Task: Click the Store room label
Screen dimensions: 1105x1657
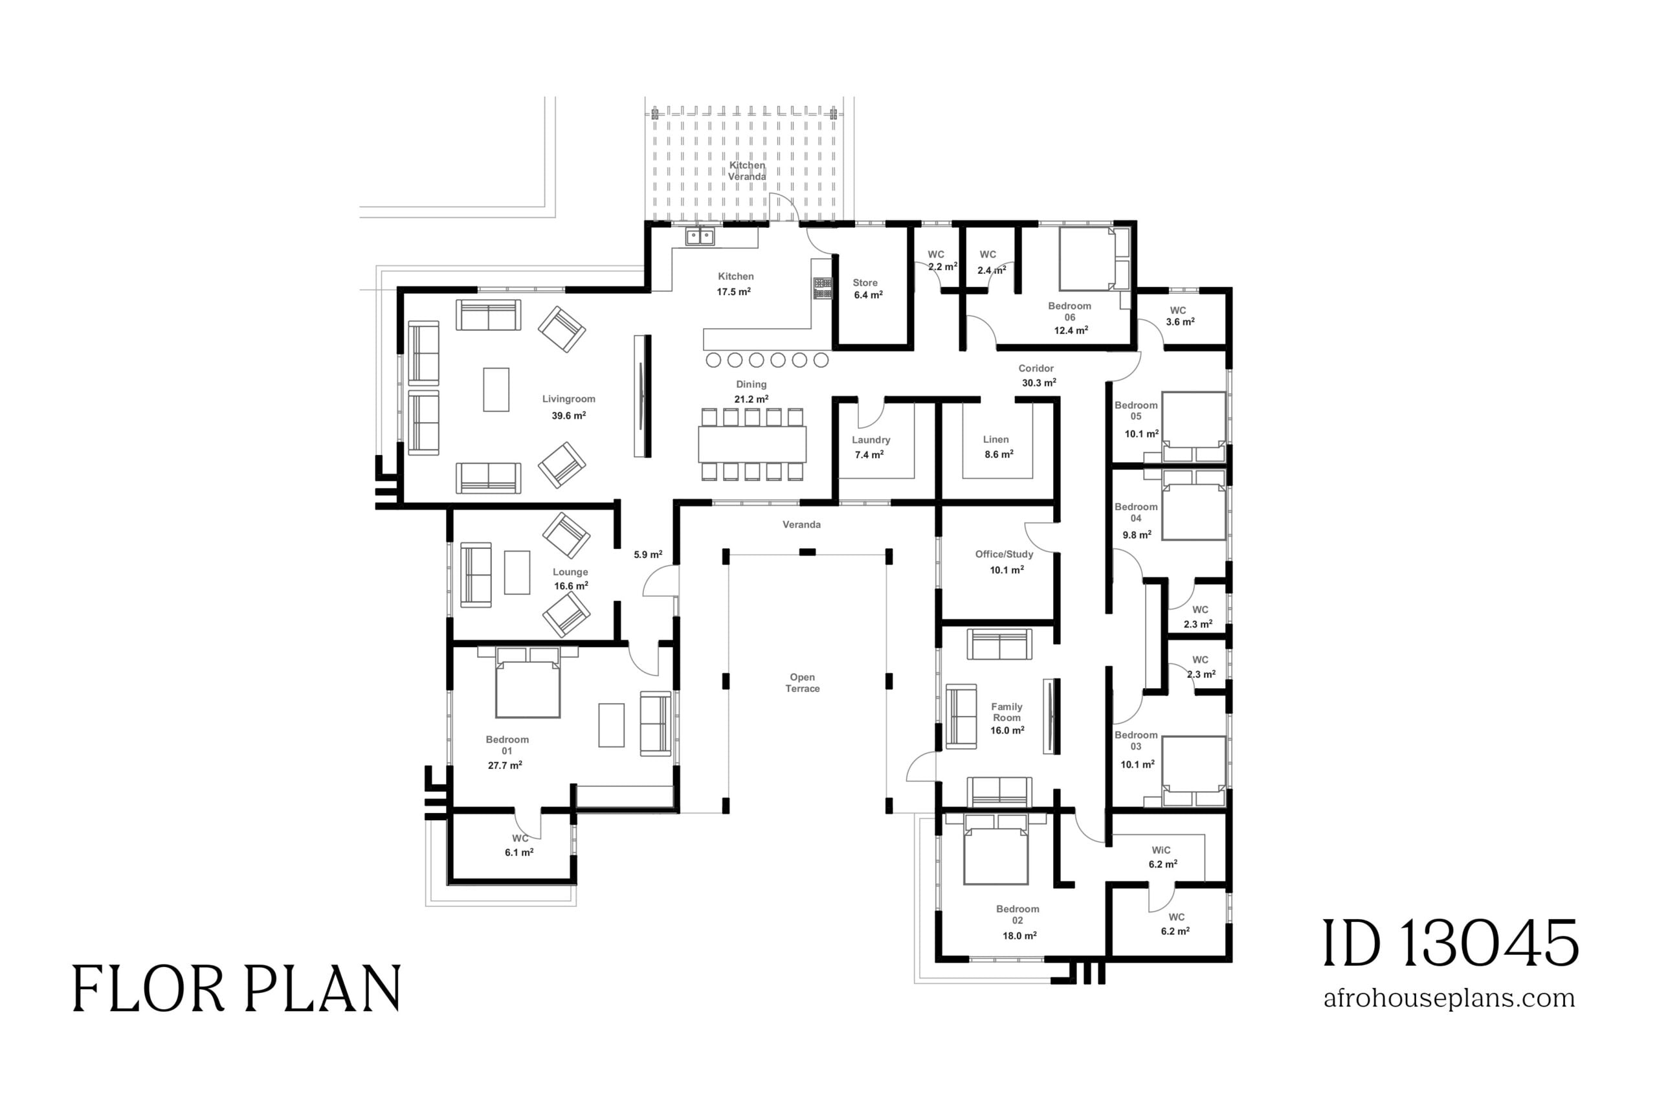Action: click(x=865, y=283)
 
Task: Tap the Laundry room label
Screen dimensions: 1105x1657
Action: click(x=871, y=440)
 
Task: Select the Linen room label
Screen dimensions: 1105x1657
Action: click(x=995, y=439)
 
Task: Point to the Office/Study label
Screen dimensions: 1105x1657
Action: click(x=1004, y=554)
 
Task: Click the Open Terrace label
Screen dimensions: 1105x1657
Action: click(x=803, y=683)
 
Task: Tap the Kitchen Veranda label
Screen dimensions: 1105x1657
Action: click(x=747, y=170)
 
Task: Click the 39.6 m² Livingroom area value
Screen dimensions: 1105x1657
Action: click(x=568, y=416)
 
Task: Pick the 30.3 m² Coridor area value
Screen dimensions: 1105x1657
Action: click(x=1038, y=383)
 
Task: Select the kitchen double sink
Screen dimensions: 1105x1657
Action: click(x=700, y=236)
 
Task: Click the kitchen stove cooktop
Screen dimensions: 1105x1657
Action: click(x=822, y=287)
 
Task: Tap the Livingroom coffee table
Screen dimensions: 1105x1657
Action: click(x=496, y=389)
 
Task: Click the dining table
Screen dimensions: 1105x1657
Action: click(x=752, y=444)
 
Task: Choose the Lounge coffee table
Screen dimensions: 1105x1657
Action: click(x=517, y=572)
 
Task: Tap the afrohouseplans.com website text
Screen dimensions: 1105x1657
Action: click(x=1449, y=998)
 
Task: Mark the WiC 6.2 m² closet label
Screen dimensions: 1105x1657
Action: click(x=1162, y=857)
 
